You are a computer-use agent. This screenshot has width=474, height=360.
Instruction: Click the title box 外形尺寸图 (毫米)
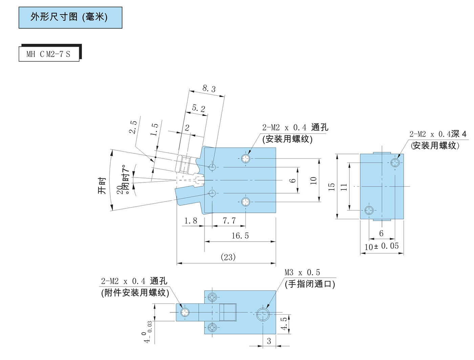click(x=70, y=17)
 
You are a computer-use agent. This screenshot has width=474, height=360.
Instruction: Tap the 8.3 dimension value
click(x=209, y=89)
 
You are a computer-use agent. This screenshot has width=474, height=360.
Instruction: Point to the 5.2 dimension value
click(x=198, y=109)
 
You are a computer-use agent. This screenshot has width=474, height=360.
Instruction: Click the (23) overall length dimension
click(x=228, y=257)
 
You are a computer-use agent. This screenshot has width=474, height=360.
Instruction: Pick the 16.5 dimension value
click(x=240, y=236)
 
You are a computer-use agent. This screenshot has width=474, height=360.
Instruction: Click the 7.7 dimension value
click(x=229, y=221)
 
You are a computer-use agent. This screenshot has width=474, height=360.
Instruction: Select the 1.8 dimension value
click(x=191, y=221)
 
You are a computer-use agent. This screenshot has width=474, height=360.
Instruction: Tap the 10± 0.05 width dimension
click(x=382, y=246)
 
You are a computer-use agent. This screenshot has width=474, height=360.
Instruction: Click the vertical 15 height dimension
click(x=332, y=186)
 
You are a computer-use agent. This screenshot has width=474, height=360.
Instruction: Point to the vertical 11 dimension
click(x=344, y=186)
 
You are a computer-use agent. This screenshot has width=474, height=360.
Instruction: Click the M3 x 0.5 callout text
click(x=302, y=273)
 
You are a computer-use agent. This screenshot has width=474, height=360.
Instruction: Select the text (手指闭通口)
click(x=310, y=284)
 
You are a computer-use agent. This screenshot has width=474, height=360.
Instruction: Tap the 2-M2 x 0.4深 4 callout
click(x=438, y=134)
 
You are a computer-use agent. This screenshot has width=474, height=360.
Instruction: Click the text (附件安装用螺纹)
click(x=135, y=293)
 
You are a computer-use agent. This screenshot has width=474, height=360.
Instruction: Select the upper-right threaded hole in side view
click(x=395, y=163)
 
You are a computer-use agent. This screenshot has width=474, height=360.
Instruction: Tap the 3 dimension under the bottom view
click(x=269, y=341)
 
